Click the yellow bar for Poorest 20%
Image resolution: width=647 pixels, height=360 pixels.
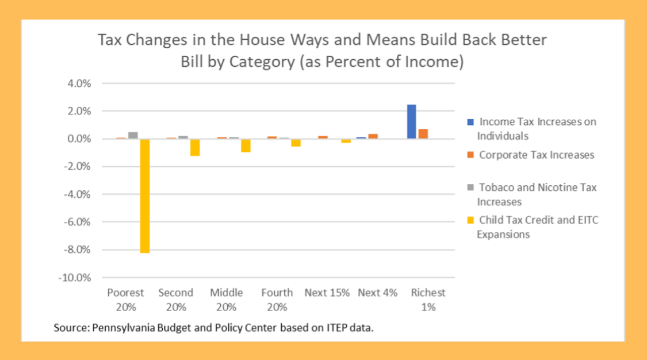[x=144, y=196]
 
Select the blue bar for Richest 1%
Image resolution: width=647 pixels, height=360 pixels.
[x=412, y=121]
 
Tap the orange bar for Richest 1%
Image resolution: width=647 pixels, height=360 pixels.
[x=423, y=133]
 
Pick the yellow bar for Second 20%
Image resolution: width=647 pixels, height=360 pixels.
[x=195, y=147]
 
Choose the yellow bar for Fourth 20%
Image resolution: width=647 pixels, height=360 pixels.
[x=296, y=143]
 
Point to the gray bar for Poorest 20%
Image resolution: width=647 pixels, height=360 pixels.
[x=133, y=136]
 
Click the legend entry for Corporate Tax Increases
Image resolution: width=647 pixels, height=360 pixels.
[x=536, y=155]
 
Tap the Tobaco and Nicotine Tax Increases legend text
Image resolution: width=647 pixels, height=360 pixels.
[x=537, y=194]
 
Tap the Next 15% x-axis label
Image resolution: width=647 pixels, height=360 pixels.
[x=327, y=293]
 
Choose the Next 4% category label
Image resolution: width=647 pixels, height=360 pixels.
[x=377, y=293]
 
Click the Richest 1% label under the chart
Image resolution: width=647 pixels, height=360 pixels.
[x=428, y=300]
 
